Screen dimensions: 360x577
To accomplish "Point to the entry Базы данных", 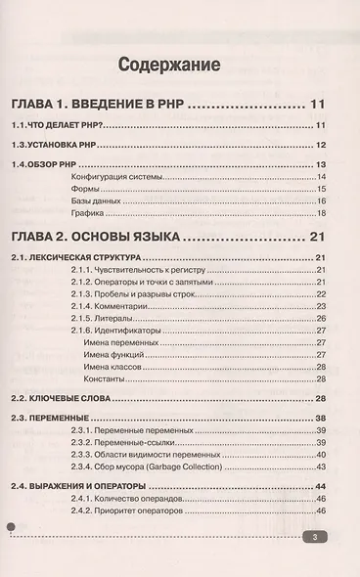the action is [96, 200].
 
